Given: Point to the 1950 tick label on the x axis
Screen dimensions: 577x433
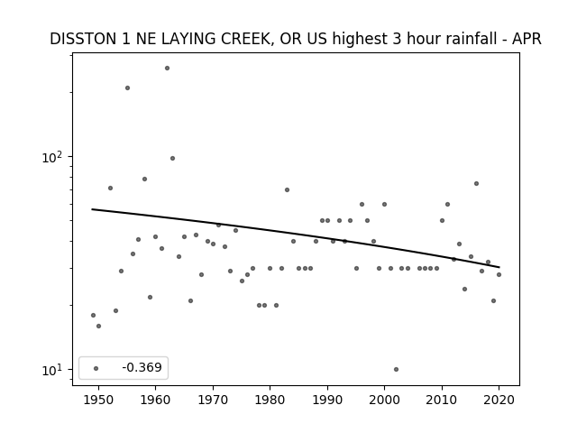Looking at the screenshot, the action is tap(98, 400).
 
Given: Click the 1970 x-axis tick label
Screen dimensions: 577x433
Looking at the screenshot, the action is tap(213, 400).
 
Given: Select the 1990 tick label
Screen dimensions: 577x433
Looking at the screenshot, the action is tap(327, 400).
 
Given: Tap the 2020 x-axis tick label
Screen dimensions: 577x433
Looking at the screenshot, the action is tap(499, 400).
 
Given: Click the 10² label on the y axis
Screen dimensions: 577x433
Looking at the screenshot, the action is tap(52, 157).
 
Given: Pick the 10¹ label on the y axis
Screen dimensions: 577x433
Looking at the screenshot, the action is tap(52, 370).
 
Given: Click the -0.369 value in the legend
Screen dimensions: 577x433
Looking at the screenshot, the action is tap(142, 367).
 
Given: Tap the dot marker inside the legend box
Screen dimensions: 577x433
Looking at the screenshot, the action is tap(96, 368).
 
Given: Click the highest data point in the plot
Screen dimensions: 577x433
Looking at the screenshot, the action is tap(167, 69).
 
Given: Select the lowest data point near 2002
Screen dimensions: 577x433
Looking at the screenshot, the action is tap(396, 369).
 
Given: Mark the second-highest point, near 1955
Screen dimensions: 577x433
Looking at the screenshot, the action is tap(127, 88).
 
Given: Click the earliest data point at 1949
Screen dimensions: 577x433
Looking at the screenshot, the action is tap(93, 315).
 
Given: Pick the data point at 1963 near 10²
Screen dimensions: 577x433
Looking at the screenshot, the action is tap(172, 159).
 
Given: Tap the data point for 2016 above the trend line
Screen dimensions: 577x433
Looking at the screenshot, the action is tap(477, 183).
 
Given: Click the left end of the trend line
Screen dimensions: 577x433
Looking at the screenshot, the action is tap(92, 209).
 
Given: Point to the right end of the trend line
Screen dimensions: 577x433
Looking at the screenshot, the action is tap(499, 267).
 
